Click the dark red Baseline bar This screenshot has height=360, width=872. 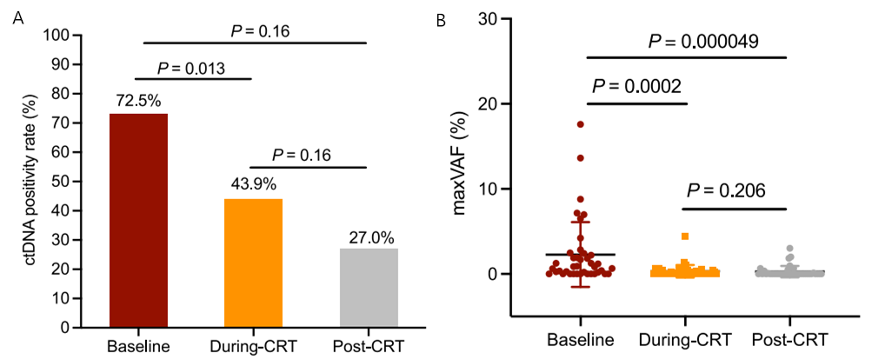click(x=138, y=221)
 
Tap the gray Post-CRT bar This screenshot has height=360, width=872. click(x=368, y=288)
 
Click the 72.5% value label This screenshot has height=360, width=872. click(x=138, y=101)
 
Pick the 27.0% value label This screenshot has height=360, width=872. click(x=368, y=237)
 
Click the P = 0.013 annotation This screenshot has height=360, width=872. click(x=192, y=68)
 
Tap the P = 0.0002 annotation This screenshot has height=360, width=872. click(x=638, y=86)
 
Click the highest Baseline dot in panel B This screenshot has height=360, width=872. click(x=580, y=124)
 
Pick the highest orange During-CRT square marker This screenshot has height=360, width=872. click(x=685, y=237)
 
